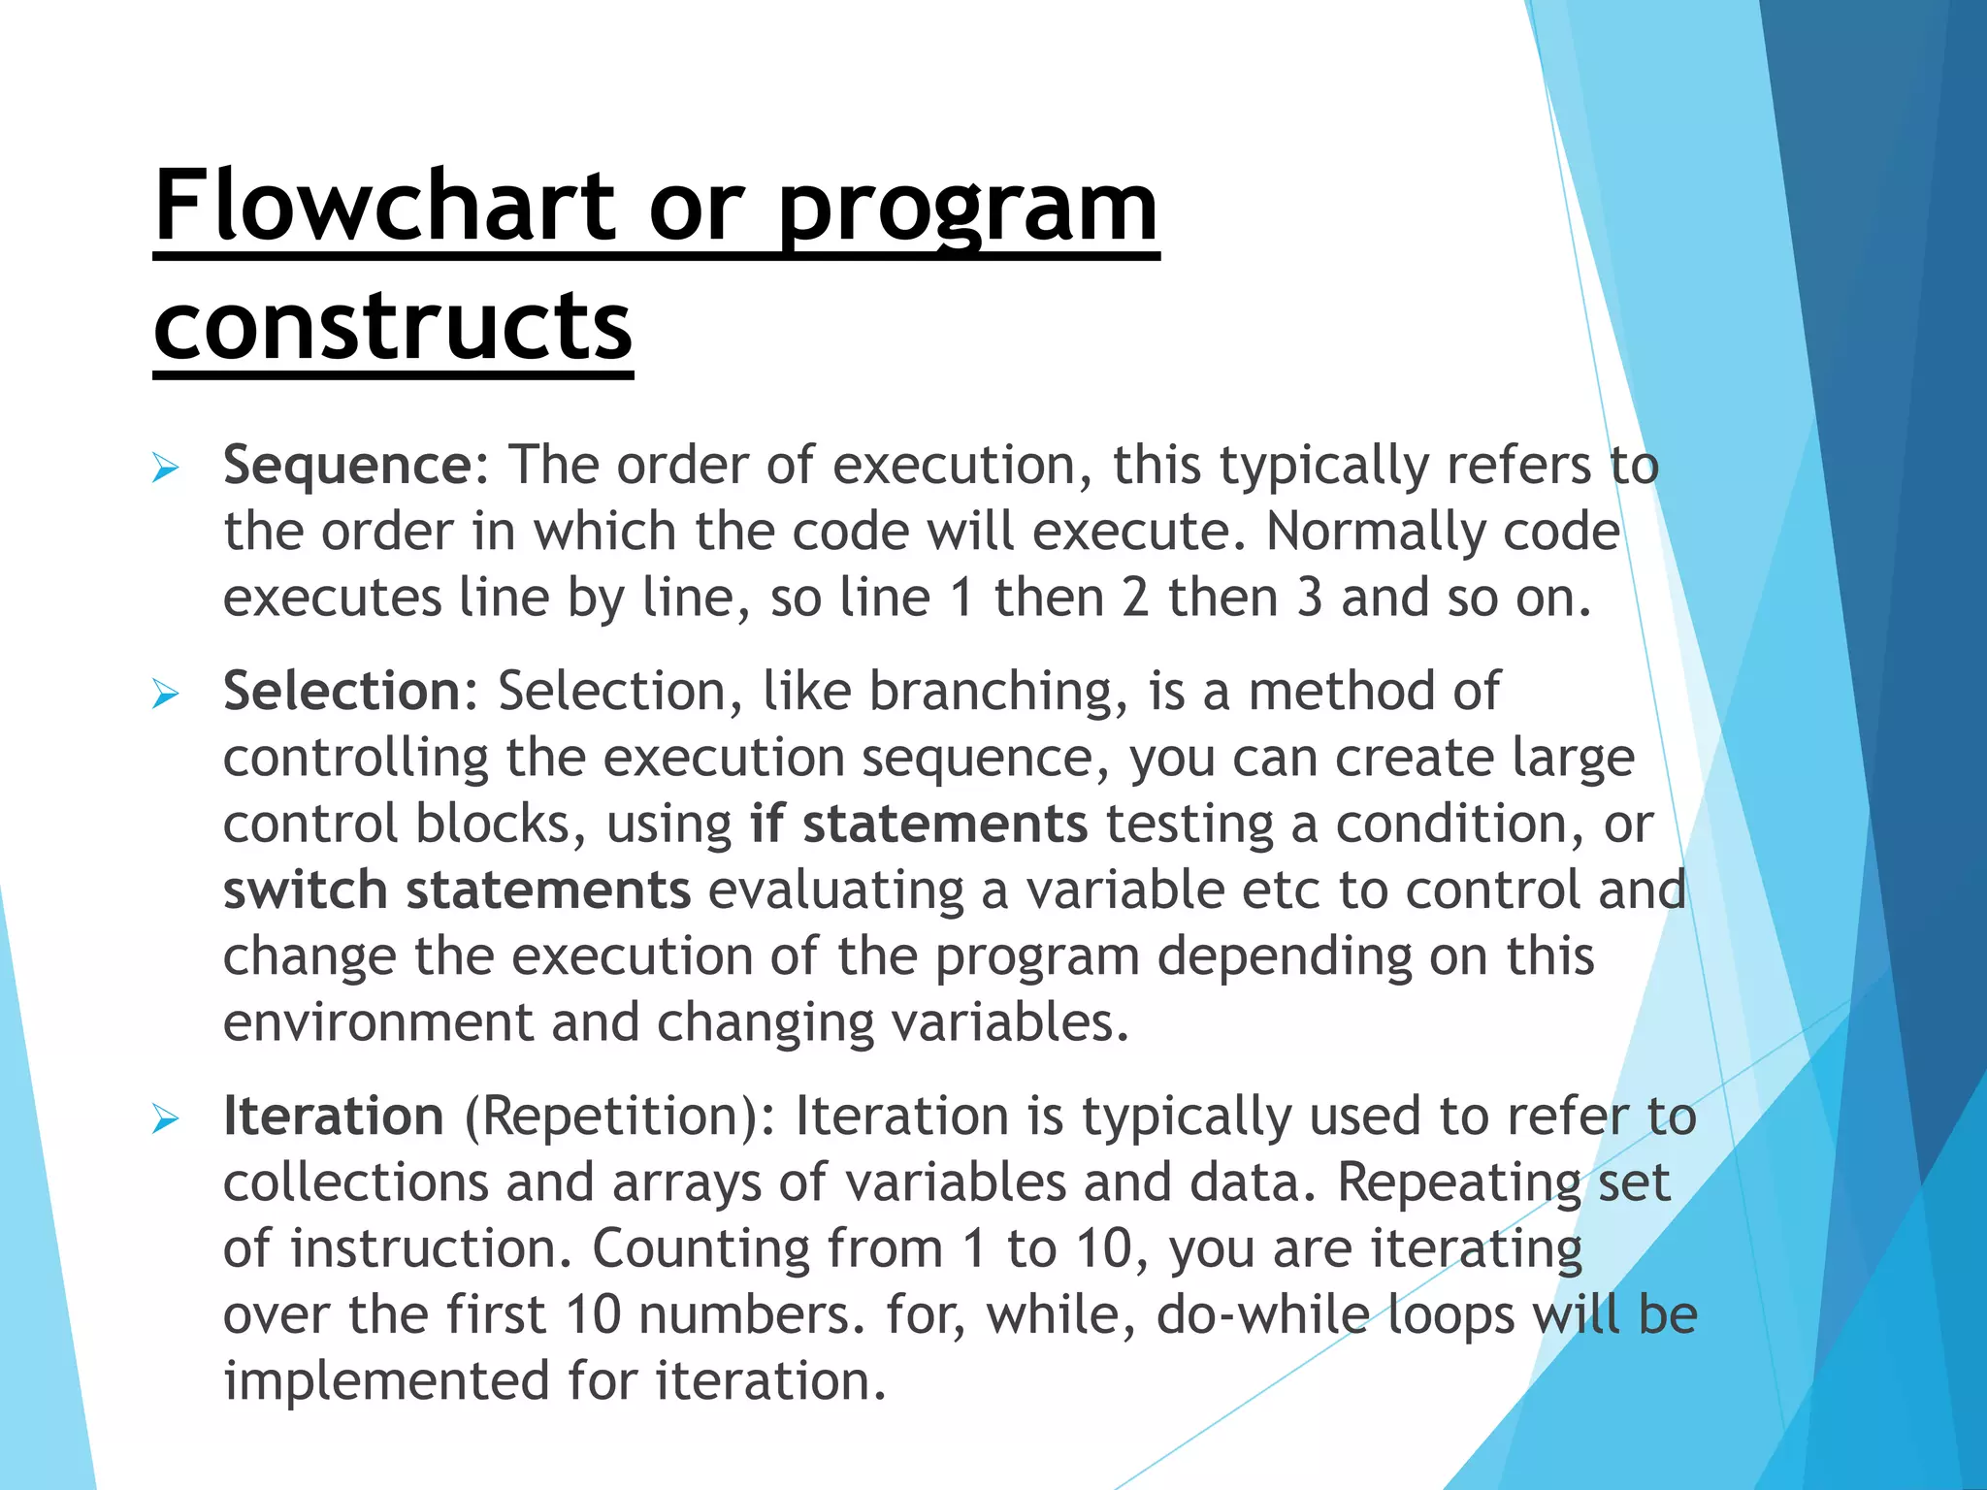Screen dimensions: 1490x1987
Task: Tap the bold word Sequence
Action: [x=347, y=466]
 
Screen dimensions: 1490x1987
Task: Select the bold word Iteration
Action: [x=334, y=1117]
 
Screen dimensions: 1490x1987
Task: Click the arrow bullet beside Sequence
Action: [x=166, y=470]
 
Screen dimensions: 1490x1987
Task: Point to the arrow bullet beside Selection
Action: [x=166, y=695]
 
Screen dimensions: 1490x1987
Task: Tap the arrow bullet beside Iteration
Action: [x=166, y=1120]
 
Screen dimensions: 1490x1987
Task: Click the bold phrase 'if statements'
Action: [x=918, y=825]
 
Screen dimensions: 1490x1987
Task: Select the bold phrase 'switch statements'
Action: [x=456, y=891]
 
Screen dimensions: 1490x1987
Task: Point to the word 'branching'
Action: [x=998, y=693]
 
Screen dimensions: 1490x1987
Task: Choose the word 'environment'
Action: [x=378, y=1023]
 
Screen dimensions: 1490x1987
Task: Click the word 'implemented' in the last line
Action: [x=386, y=1381]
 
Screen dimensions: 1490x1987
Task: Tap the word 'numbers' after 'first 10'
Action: [x=748, y=1315]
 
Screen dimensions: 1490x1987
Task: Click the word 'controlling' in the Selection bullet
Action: [x=355, y=759]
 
